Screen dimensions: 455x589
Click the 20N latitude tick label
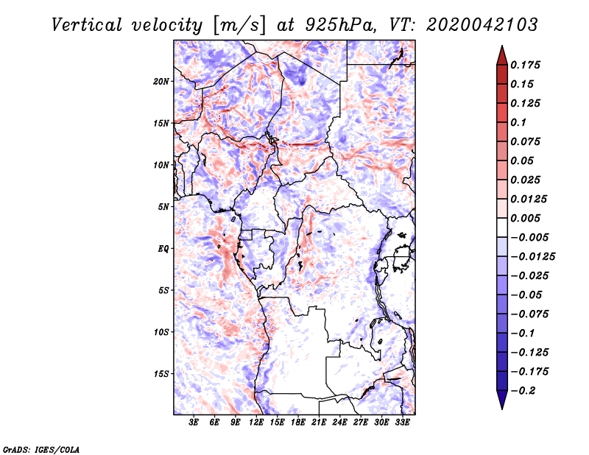click(x=161, y=81)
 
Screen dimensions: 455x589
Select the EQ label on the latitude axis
click(x=163, y=248)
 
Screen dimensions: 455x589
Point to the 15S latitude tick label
click(x=161, y=373)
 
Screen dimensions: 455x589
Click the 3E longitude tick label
click(x=194, y=423)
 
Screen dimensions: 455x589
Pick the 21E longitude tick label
click(x=320, y=423)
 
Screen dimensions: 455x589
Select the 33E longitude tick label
click(x=403, y=423)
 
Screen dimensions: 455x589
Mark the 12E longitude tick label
click(x=257, y=423)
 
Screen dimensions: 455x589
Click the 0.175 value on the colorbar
click(x=527, y=65)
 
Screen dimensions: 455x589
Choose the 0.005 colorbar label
click(x=527, y=218)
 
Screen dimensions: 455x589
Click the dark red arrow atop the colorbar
click(x=501, y=54)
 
